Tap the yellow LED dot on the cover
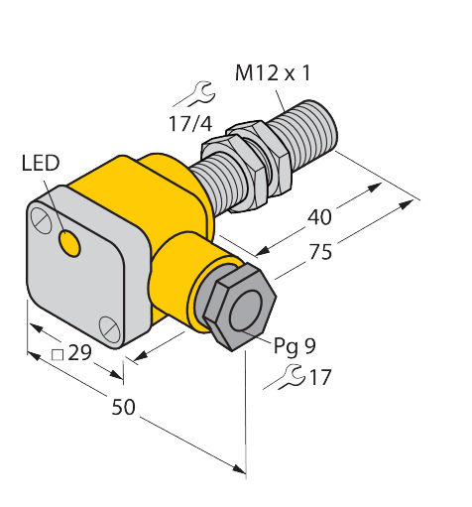(70, 241)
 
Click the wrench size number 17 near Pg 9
(318, 378)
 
